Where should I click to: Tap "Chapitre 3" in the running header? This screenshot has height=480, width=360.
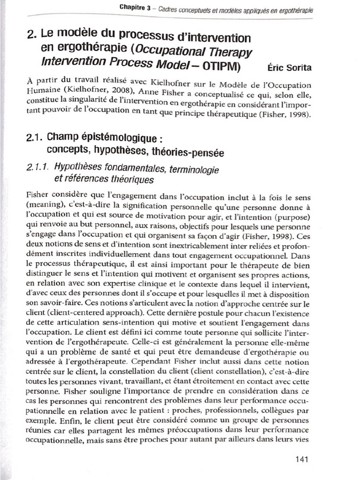point(134,7)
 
